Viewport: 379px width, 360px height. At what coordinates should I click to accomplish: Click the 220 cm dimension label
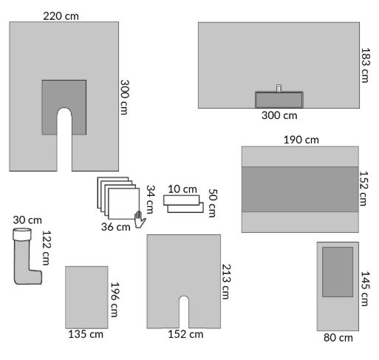pos(61,16)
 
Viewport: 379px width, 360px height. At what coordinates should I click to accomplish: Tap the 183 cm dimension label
pos(366,65)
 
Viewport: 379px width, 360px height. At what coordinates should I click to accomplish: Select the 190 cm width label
pos(301,140)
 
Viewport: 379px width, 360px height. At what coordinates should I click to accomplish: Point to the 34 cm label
pos(151,199)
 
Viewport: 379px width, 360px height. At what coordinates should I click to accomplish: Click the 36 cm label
pos(116,227)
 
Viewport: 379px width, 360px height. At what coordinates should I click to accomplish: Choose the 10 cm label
pos(182,189)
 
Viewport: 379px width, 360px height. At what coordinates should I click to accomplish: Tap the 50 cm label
pos(213,203)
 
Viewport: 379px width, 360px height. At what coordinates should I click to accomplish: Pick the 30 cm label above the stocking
pos(27,220)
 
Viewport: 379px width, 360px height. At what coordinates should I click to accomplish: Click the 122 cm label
pos(46,248)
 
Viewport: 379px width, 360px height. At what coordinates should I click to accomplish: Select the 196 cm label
pos(115,299)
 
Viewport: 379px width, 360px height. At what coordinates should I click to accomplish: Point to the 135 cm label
pos(86,334)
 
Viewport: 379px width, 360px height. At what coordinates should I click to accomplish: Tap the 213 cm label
pos(226,282)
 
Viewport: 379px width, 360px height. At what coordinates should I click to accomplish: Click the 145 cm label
pos(366,288)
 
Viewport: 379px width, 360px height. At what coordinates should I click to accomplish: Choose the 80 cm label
pos(338,338)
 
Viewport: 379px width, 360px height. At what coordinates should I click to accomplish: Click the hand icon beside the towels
pos(140,220)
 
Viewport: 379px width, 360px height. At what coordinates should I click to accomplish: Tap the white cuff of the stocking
pos(22,234)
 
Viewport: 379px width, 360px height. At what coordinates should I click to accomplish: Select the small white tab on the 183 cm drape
pos(279,88)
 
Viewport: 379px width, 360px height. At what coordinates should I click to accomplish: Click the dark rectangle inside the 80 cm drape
pos(338,272)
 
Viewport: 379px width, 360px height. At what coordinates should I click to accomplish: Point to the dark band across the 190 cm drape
pos(300,189)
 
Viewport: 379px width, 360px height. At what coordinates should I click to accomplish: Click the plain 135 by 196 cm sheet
pos(86,297)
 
